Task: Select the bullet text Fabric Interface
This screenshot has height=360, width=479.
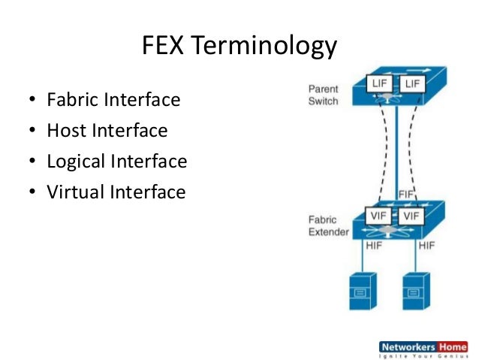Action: pyautogui.click(x=113, y=99)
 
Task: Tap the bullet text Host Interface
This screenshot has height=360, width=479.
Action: pyautogui.click(x=107, y=131)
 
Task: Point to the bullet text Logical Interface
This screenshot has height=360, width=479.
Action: pyautogui.click(x=116, y=162)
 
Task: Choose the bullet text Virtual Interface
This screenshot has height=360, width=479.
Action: pyautogui.click(x=116, y=192)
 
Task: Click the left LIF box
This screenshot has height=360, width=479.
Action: pyautogui.click(x=379, y=83)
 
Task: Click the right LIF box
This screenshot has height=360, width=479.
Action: pyautogui.click(x=412, y=84)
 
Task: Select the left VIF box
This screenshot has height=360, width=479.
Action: pyautogui.click(x=379, y=215)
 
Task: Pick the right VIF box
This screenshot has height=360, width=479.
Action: pyautogui.click(x=411, y=215)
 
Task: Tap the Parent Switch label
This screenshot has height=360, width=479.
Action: pyautogui.click(x=323, y=95)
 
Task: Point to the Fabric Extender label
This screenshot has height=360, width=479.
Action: pyautogui.click(x=328, y=226)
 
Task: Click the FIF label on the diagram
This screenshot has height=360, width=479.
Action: pyautogui.click(x=406, y=195)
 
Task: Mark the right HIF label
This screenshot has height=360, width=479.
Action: pyautogui.click(x=426, y=246)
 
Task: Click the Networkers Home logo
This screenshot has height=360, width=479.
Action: pyautogui.click(x=423, y=350)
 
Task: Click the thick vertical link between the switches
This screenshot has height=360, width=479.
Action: pyautogui.click(x=396, y=150)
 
